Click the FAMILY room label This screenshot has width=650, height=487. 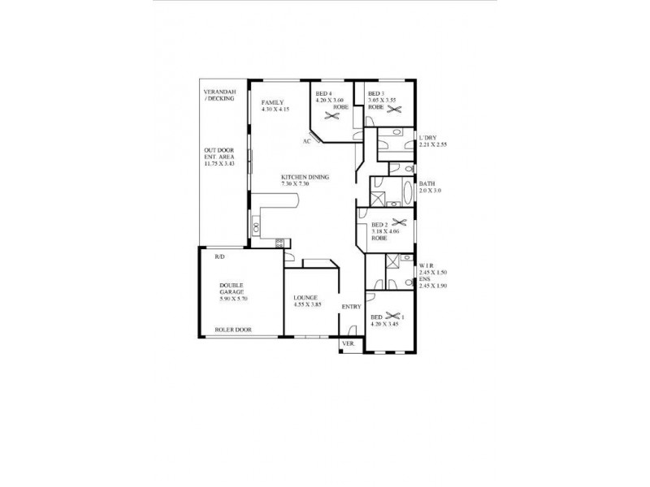[272, 103]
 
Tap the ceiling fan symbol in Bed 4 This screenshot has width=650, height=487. [331, 115]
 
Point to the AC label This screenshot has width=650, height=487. [307, 140]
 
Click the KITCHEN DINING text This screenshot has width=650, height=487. [305, 177]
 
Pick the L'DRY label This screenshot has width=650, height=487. [429, 138]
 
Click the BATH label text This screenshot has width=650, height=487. [427, 184]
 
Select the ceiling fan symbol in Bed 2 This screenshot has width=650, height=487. [398, 222]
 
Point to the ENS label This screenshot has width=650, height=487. [423, 279]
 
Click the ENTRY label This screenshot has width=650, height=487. [351, 307]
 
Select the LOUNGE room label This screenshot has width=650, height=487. [305, 298]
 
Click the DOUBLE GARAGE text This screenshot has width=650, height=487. [232, 289]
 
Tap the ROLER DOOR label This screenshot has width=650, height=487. [232, 330]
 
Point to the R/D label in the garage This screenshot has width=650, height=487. [219, 256]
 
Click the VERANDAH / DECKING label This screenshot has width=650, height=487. [219, 95]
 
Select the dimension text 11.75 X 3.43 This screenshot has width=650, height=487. [219, 164]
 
